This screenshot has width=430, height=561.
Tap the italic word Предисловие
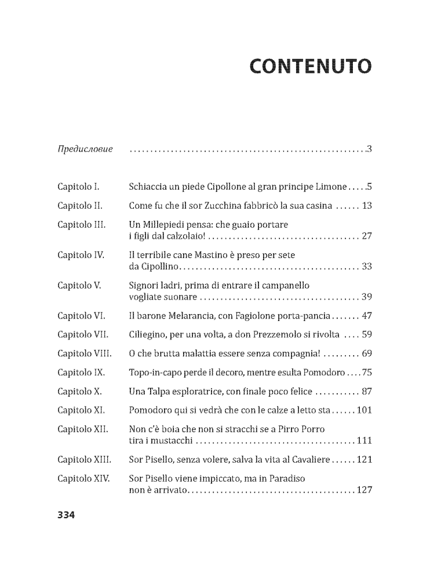click(x=85, y=150)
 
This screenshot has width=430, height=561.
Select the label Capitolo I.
click(x=79, y=187)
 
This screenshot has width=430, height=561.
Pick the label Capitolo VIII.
click(x=85, y=353)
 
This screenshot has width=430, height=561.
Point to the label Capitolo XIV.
click(x=84, y=479)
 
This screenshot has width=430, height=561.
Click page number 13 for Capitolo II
click(x=366, y=205)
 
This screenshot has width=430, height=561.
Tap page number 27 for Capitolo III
click(x=366, y=236)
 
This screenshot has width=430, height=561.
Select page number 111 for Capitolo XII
click(x=363, y=441)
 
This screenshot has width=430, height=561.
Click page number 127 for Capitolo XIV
click(x=363, y=490)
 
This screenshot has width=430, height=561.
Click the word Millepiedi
click(x=167, y=224)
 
